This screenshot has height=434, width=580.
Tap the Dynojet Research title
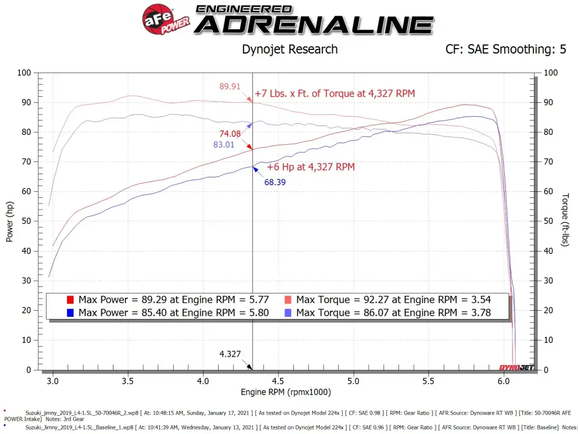(x=289, y=49)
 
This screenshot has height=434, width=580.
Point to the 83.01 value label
(x=224, y=145)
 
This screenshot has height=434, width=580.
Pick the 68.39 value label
(x=275, y=182)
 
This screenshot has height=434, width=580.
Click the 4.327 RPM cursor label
(x=230, y=354)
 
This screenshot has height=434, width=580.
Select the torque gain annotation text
(x=334, y=93)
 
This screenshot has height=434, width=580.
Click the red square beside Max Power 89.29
(x=70, y=300)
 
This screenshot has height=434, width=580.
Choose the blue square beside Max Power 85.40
(x=70, y=313)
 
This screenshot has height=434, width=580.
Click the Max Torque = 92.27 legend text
(x=393, y=300)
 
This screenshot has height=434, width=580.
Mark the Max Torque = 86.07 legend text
(x=393, y=312)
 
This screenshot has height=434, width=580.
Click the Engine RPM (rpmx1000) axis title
(x=286, y=392)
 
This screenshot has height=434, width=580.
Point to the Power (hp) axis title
(x=9, y=221)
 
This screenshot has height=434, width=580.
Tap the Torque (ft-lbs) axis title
(x=565, y=219)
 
